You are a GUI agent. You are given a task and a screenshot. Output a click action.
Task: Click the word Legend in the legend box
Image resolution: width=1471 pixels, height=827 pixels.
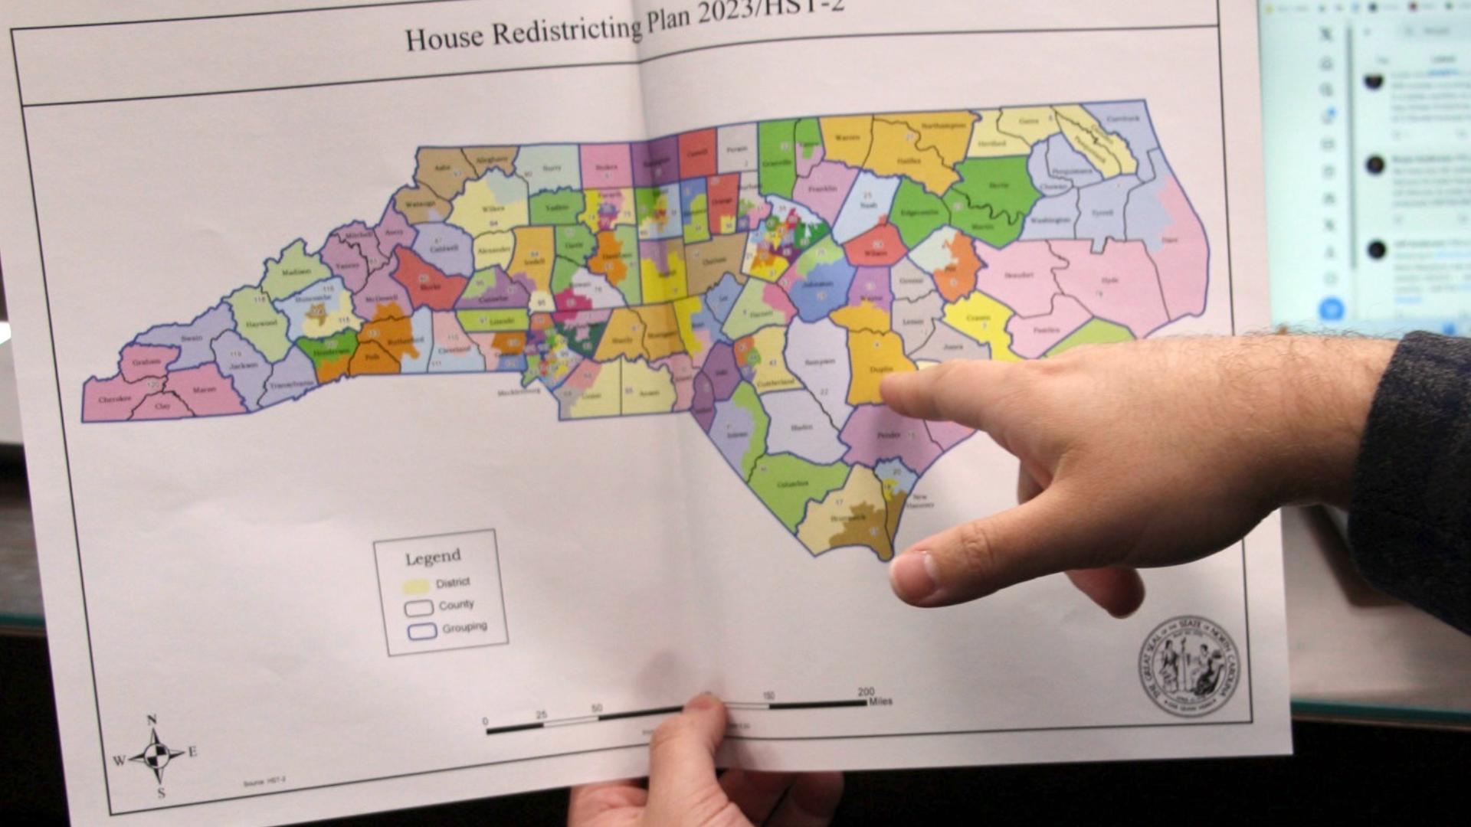(433, 557)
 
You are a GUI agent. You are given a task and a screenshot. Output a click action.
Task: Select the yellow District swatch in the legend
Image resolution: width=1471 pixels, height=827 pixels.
(416, 587)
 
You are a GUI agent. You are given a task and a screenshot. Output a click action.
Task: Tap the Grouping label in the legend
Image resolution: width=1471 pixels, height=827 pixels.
(464, 627)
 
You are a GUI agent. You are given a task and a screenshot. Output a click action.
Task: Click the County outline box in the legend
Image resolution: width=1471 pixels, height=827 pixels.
(419, 608)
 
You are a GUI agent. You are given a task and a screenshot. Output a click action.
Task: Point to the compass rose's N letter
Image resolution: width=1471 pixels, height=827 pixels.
(152, 720)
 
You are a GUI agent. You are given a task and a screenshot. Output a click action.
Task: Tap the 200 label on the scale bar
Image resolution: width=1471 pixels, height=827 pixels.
(866, 691)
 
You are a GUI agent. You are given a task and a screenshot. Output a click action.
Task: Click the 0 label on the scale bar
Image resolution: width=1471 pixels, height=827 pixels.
(485, 721)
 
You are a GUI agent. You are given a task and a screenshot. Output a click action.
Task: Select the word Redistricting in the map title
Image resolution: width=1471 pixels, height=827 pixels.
(566, 31)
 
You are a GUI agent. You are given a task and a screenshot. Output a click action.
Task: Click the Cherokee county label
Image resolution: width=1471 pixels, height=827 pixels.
(114, 399)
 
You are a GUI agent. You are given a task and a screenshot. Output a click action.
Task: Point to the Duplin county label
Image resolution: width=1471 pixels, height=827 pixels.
(881, 369)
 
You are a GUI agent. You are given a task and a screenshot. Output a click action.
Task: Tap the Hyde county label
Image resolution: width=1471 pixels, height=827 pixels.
(1110, 280)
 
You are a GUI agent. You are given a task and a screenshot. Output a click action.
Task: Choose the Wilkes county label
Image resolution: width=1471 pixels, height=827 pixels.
(493, 208)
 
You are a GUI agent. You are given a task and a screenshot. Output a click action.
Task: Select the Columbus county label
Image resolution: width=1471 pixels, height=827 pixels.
(792, 484)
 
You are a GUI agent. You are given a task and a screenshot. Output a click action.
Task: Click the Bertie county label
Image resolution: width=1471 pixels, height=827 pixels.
(998, 185)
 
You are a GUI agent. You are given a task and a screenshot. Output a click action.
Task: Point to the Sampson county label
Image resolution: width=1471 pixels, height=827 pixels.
(818, 361)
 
